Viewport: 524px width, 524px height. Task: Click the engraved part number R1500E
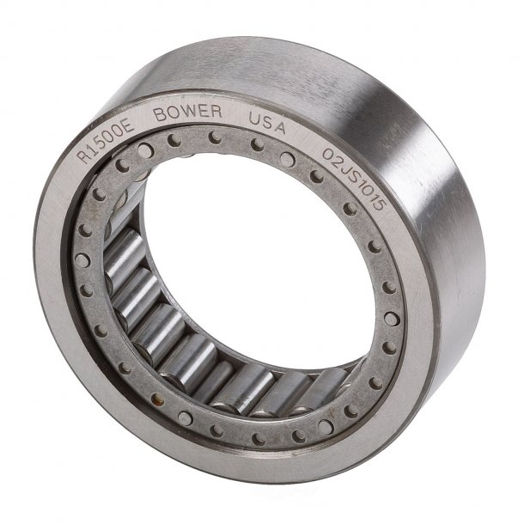(x=106, y=143)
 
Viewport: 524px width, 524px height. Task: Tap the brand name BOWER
(x=188, y=113)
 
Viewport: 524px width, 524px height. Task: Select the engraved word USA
(x=266, y=123)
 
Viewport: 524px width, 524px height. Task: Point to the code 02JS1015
(x=354, y=179)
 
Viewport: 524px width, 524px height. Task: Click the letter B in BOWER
(x=160, y=115)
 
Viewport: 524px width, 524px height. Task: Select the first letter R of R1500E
(x=84, y=156)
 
